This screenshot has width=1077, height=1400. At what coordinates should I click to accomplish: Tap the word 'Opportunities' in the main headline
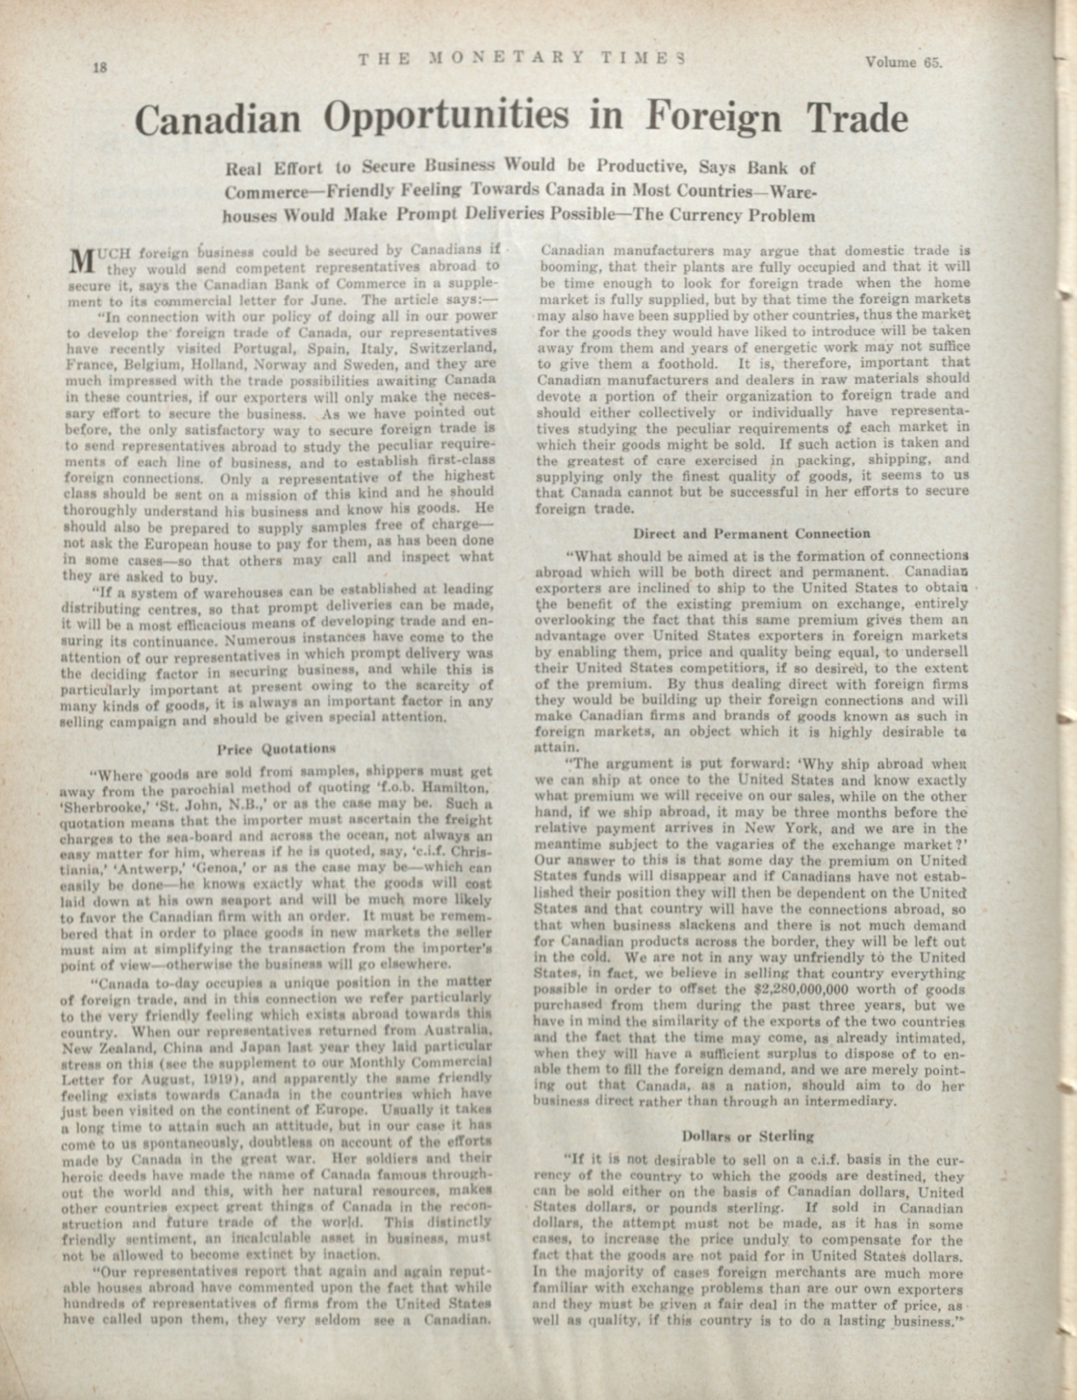447,117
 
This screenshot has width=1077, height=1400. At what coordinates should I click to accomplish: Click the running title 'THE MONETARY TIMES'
521,59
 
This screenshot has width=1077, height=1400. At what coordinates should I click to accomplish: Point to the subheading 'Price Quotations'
276,748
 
